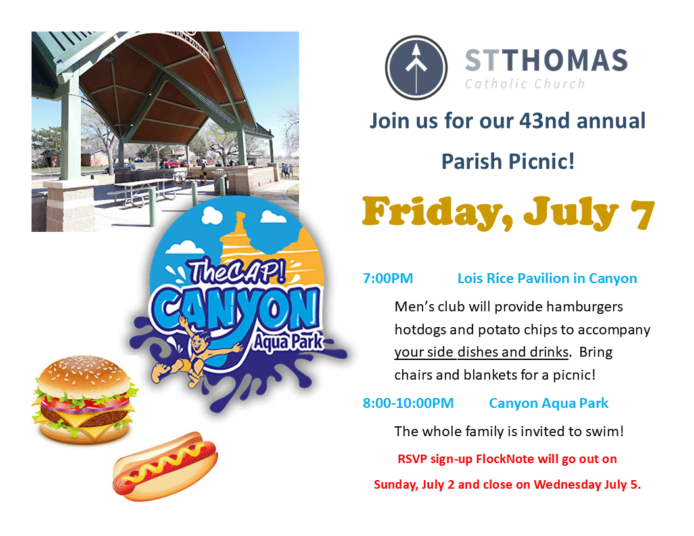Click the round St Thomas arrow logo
[416, 68]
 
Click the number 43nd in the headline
[544, 121]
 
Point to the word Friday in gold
[438, 213]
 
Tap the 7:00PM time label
[388, 279]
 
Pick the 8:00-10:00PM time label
[408, 403]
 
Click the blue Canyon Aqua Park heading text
[548, 404]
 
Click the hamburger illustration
[85, 399]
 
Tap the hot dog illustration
[165, 466]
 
